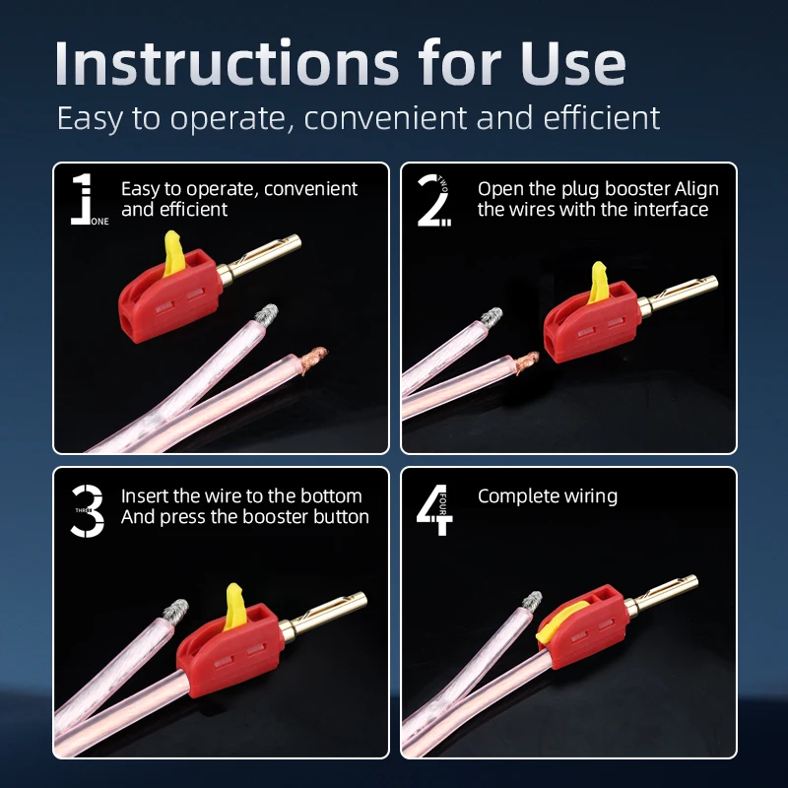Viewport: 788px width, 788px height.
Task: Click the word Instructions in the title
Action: point(227,63)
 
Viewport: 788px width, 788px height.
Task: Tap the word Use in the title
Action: point(573,63)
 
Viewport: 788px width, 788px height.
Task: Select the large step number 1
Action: point(82,199)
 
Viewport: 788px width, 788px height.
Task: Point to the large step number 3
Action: point(88,510)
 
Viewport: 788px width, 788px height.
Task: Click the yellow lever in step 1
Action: point(174,254)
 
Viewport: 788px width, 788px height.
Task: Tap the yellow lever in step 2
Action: point(599,283)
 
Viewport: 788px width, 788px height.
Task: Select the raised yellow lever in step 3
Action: point(235,607)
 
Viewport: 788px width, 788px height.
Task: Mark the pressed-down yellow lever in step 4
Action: point(559,622)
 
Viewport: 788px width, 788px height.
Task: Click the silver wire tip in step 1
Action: point(266,313)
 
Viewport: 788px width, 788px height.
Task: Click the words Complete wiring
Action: point(548,496)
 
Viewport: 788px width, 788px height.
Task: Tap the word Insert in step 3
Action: point(145,496)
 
